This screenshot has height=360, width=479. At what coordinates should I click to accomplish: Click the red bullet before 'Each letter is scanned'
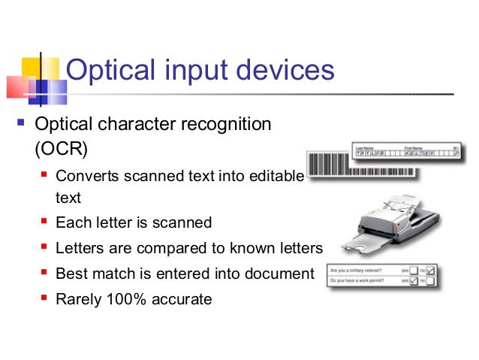[44, 222]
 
